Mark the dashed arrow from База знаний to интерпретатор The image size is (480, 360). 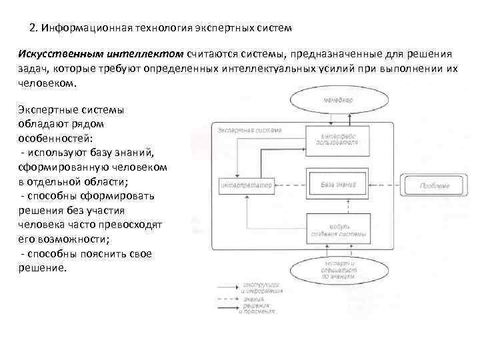[x=291, y=185]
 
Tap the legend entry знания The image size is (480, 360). [x=253, y=299]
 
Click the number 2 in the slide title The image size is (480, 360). [x=33, y=29]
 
